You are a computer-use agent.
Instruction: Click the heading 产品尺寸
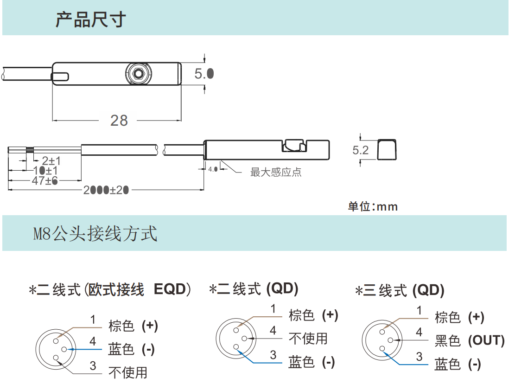(91, 20)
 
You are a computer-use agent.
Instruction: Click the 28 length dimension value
(119, 121)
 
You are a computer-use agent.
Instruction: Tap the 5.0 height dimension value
(204, 73)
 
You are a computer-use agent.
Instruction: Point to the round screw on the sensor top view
(137, 73)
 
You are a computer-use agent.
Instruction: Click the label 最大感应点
(276, 173)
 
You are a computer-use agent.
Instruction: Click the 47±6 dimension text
(45, 181)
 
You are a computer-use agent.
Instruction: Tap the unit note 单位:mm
(373, 206)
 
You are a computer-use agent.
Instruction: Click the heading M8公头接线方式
(95, 234)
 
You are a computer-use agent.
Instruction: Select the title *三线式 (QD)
(400, 291)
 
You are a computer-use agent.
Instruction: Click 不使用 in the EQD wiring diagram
(127, 372)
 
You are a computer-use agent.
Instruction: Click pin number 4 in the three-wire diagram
(419, 333)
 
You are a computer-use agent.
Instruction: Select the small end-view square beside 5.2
(387, 149)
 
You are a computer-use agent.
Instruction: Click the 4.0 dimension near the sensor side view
(213, 169)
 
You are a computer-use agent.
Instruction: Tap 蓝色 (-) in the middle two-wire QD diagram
(312, 362)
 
